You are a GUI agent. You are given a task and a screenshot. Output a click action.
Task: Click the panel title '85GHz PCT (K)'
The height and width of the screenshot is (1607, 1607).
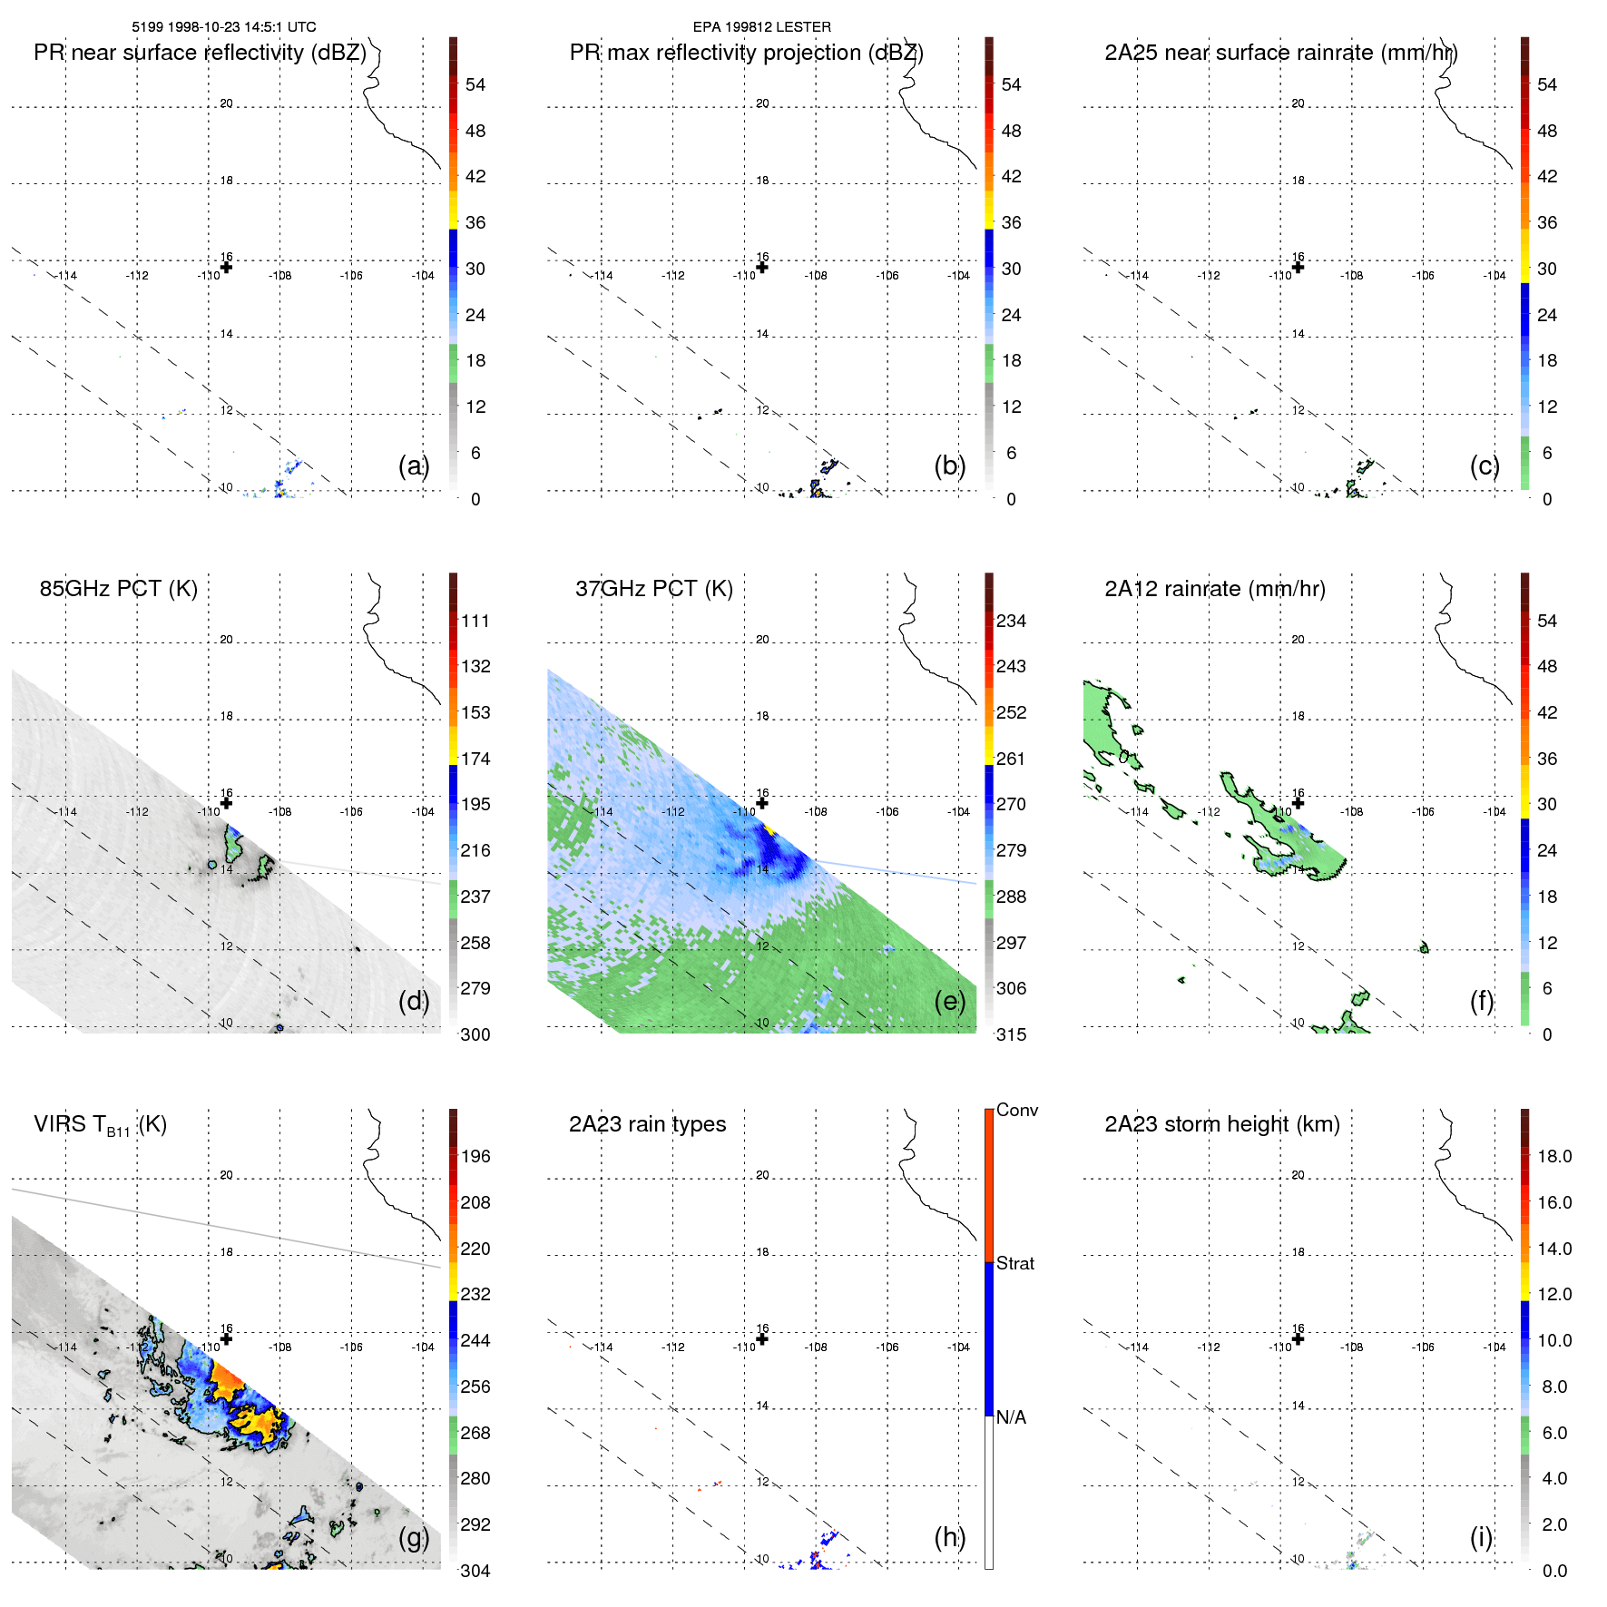118,589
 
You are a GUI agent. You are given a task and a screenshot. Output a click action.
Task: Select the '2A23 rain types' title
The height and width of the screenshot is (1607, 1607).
647,1124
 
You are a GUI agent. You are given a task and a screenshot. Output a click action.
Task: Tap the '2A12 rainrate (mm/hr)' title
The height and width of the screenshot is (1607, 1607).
1214,589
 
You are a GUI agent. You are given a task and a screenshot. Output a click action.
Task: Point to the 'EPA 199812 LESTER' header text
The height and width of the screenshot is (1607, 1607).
761,27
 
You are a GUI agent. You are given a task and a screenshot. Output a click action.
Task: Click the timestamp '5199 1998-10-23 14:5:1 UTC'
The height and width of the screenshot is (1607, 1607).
223,27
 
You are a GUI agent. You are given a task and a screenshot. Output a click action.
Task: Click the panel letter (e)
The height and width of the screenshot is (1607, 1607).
949,1001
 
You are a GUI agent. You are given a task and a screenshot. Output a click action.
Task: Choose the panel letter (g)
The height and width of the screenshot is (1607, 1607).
414,1537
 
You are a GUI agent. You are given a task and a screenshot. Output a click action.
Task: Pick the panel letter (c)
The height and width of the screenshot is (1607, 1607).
1485,465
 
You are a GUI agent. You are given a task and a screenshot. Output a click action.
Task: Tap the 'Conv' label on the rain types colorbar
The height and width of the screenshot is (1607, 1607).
1016,1110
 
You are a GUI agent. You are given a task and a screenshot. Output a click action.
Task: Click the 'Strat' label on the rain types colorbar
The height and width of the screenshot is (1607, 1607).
1014,1263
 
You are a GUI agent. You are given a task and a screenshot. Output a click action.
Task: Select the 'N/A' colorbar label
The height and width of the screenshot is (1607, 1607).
1011,1417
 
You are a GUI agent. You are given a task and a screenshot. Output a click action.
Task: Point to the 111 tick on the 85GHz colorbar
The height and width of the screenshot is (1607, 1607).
475,621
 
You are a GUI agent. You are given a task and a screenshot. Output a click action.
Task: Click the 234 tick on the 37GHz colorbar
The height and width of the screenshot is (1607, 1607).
1011,621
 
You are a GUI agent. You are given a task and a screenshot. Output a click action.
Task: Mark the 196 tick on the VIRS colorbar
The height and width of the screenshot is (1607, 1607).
475,1156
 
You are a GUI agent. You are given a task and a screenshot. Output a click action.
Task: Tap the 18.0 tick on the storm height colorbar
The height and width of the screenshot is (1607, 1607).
1553,1156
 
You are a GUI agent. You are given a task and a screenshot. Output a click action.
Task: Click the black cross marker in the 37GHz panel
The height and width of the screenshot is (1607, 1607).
762,803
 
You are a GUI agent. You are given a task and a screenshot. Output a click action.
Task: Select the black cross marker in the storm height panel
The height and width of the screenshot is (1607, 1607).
1298,1339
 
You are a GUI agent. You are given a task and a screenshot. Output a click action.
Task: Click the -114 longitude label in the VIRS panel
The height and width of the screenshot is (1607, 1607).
66,1347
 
